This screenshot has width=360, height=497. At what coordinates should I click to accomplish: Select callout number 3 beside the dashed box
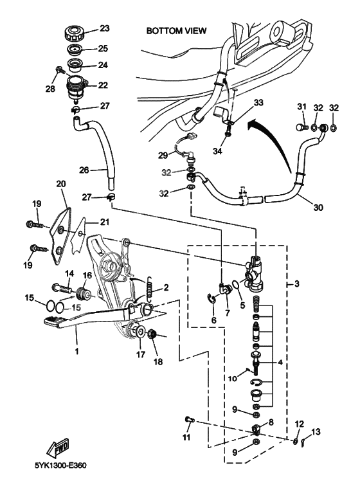(x=298, y=284)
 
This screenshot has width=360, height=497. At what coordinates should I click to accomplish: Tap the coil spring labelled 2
(x=149, y=291)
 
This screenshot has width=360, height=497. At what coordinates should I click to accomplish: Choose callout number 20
(x=61, y=184)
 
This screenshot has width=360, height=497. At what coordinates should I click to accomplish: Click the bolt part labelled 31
(x=301, y=129)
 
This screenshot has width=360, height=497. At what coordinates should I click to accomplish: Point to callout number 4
(x=280, y=363)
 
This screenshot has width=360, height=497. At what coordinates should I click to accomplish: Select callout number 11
(x=187, y=438)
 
